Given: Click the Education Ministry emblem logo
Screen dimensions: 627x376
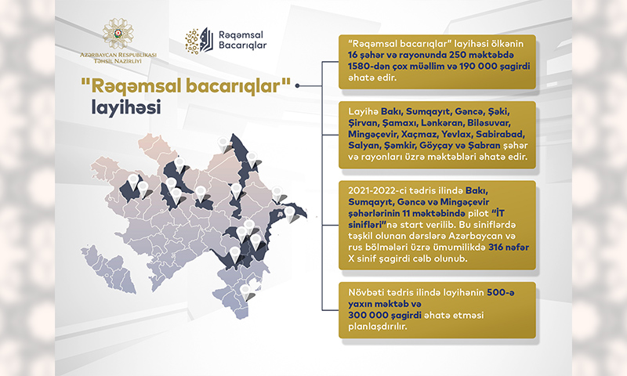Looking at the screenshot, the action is pyautogui.click(x=118, y=33).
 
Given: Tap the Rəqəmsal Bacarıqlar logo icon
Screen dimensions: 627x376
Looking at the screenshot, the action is pyautogui.click(x=199, y=41).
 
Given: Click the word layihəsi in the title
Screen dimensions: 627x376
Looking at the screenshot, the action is pyautogui.click(x=126, y=108).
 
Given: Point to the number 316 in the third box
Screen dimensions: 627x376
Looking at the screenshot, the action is pyautogui.click(x=496, y=247).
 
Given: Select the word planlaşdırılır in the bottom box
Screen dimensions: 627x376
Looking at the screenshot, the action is pyautogui.click(x=378, y=327).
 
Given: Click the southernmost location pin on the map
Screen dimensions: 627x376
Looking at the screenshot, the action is pyautogui.click(x=245, y=292).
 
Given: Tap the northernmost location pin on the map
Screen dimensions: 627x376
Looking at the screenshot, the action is pyautogui.click(x=223, y=144).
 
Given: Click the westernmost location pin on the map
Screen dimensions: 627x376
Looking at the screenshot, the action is pyautogui.click(x=132, y=182).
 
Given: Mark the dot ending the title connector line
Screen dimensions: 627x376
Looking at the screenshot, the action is pyautogui.click(x=297, y=85).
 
